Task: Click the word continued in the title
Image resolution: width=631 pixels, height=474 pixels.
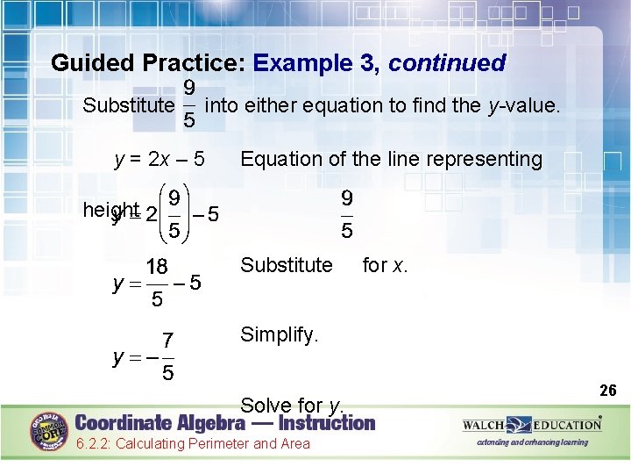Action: pos(447,63)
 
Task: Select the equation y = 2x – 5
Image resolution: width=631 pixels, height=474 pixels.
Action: pos(160,159)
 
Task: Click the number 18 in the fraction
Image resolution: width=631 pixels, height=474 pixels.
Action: pos(157,266)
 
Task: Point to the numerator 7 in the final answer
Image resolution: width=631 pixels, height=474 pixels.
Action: pos(167,341)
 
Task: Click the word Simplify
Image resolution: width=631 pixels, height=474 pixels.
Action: pos(280,334)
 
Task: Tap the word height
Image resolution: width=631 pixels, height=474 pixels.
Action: pos(110,210)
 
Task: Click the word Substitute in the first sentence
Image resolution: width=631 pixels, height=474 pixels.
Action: pos(127,106)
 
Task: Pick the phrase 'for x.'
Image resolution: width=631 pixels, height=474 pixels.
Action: pos(385,264)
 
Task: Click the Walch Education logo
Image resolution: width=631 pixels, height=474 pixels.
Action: pos(532,425)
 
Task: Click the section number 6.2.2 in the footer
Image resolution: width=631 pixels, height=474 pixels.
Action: pos(92,443)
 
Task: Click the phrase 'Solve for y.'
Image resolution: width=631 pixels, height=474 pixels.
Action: pos(292,406)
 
